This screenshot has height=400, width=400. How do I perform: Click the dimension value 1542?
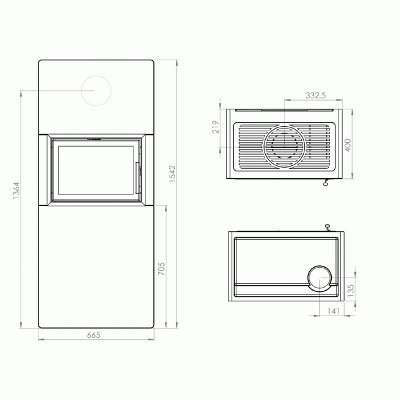click(173, 173)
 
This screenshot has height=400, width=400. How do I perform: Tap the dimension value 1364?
click(16, 191)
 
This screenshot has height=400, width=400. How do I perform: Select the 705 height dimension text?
click(161, 268)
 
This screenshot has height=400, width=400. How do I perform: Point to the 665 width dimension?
click(94, 335)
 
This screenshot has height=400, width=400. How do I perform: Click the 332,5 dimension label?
click(316, 96)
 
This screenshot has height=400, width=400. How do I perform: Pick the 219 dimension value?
click(216, 127)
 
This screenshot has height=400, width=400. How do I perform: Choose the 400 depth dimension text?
click(348, 145)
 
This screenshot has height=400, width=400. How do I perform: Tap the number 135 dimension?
click(351, 291)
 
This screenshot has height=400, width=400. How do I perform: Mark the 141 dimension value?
click(334, 311)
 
